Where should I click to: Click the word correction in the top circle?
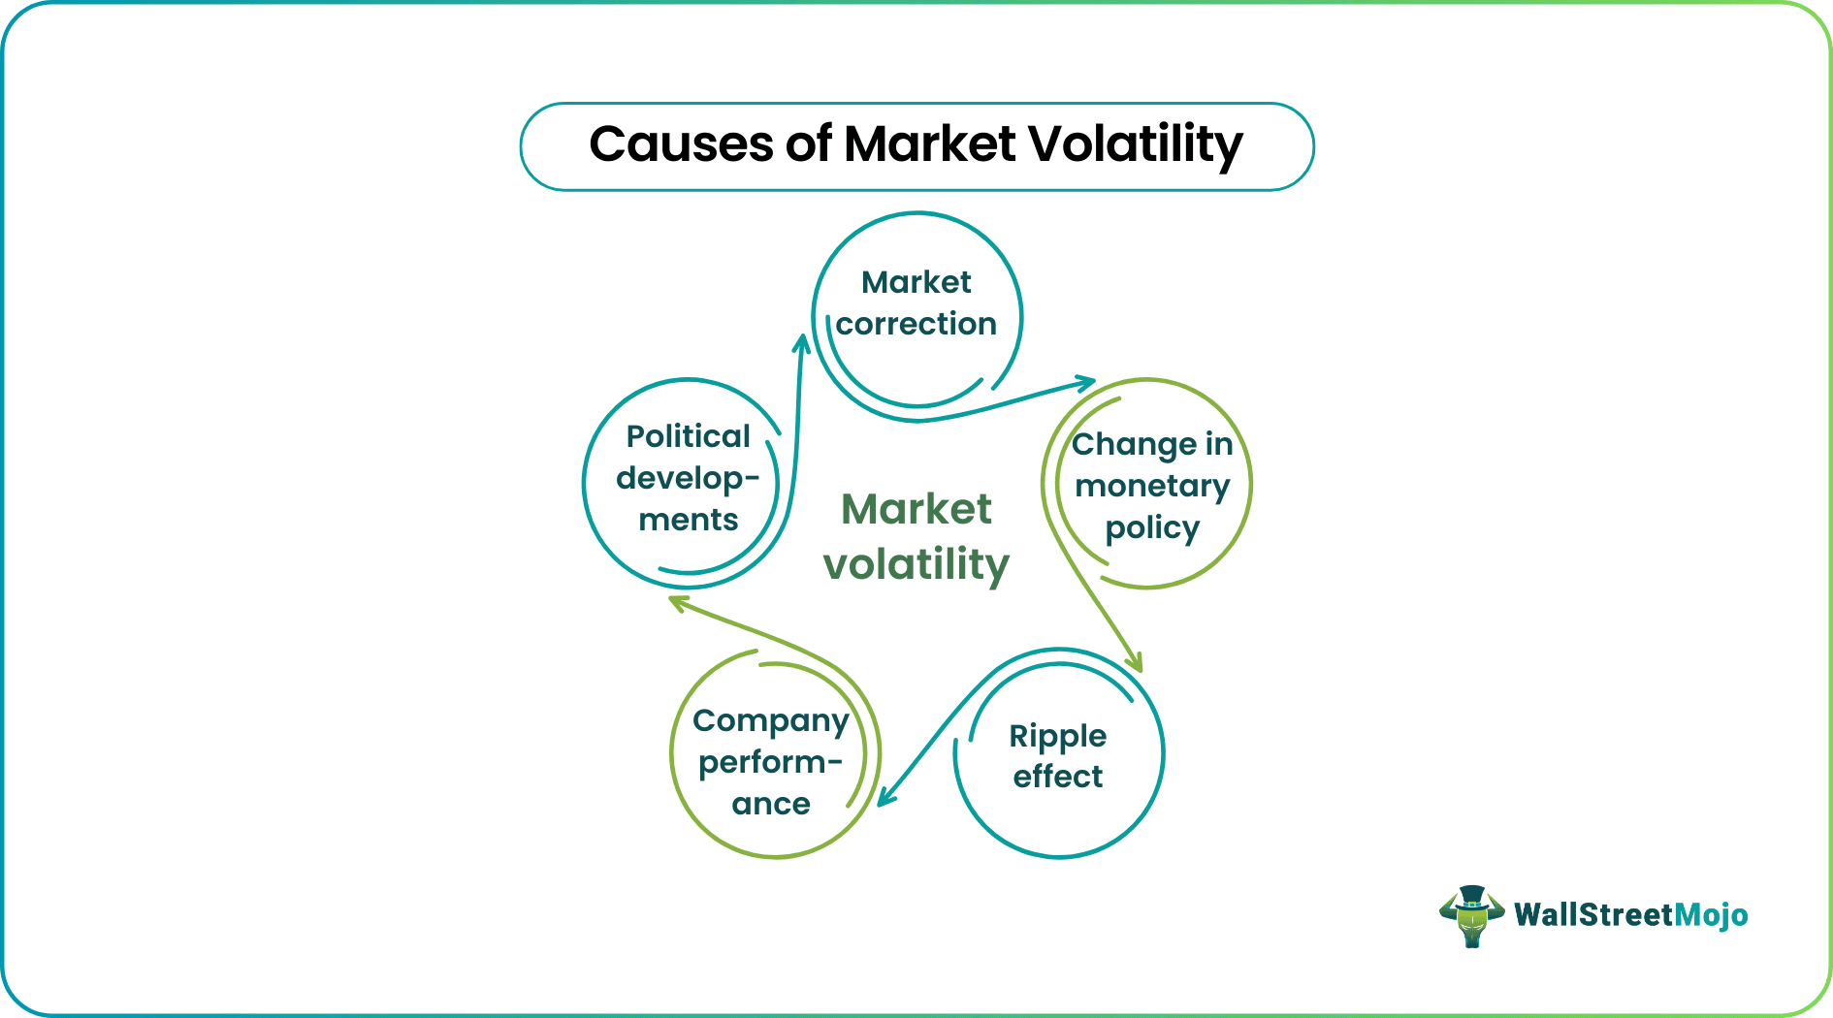click(916, 324)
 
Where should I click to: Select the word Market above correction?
click(916, 282)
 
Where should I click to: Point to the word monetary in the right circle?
click(1152, 486)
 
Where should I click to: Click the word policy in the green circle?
click(1152, 528)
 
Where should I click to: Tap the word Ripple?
click(1057, 736)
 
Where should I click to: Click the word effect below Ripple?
click(1057, 777)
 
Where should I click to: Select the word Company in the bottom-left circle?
click(770, 720)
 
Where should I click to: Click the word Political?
click(688, 436)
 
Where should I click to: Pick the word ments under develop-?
click(688, 521)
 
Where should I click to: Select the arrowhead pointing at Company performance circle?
click(885, 797)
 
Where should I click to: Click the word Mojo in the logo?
click(1711, 915)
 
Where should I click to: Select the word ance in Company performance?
click(770, 805)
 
